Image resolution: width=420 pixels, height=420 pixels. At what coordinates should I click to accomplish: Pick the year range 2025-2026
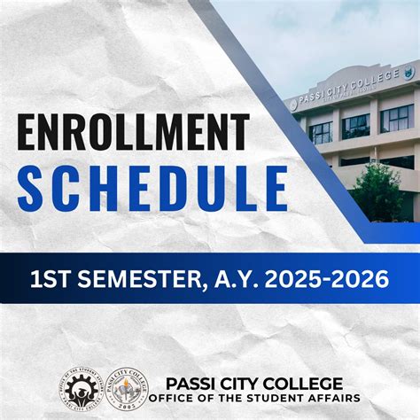(x=324, y=280)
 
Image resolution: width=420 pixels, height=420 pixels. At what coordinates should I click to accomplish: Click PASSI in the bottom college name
(x=193, y=383)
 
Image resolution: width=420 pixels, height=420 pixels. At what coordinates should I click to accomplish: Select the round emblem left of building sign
(x=293, y=105)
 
